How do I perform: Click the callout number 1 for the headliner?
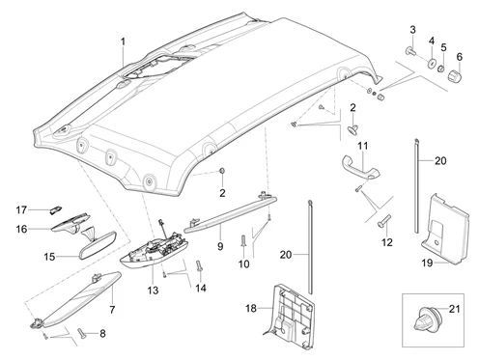[x=123, y=42]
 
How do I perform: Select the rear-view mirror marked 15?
[x=99, y=243]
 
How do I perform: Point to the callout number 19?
[x=427, y=263]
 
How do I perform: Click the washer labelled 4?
[x=431, y=63]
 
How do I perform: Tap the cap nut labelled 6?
[x=455, y=76]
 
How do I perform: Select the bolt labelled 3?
[x=409, y=50]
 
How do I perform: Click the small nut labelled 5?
[x=441, y=69]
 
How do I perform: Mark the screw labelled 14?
[x=199, y=266]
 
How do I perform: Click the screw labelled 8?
[x=81, y=333]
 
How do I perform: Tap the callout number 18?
[x=251, y=308]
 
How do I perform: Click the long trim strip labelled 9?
[x=230, y=213]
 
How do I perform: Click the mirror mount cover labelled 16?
[x=70, y=223]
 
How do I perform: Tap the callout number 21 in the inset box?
[x=454, y=309]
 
